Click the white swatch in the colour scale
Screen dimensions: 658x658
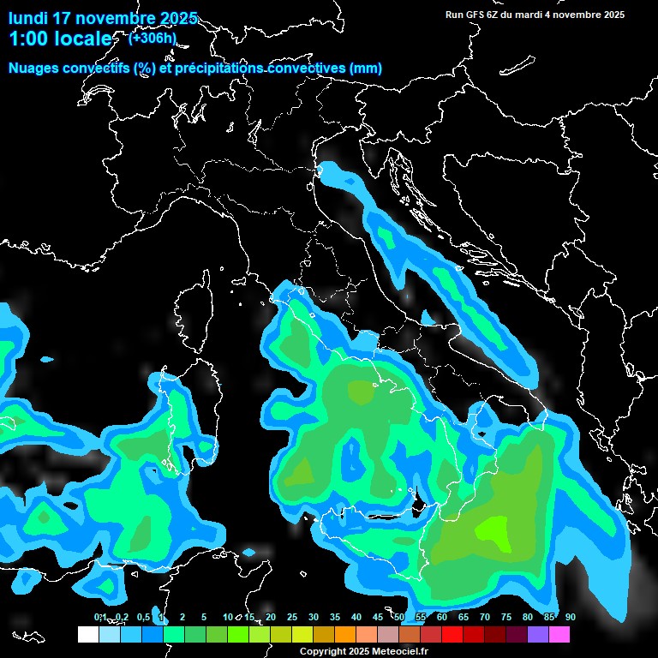pos(88,634)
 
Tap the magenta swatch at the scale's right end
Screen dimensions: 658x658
pos(559,634)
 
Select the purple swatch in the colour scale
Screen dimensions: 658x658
pos(538,634)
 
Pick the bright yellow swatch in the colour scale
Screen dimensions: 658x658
pos(302,634)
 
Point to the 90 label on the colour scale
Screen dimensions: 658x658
pos(570,617)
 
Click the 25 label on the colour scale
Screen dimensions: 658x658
pos(292,617)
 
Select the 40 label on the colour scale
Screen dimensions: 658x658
pos(356,617)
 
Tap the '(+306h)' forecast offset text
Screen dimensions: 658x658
pos(153,37)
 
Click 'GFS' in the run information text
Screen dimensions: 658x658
pos(475,15)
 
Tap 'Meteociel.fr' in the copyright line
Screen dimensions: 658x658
pos(400,652)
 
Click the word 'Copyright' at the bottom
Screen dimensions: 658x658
pos(323,652)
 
